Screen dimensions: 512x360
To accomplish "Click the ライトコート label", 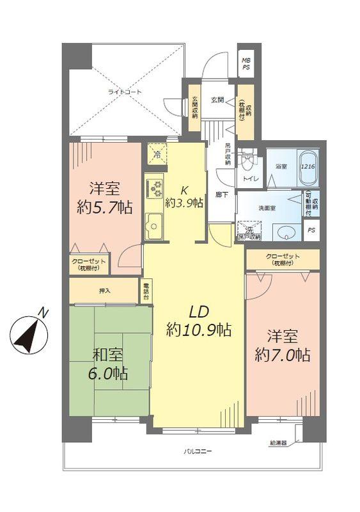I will pyautogui.click(x=125, y=92).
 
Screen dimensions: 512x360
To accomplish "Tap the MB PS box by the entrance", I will pyautogui.click(x=246, y=64).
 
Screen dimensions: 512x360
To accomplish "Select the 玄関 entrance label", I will pyautogui.click(x=217, y=100).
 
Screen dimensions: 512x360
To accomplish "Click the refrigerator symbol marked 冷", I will pyautogui.click(x=155, y=153).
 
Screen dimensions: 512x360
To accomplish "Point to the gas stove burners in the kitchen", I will pyautogui.click(x=155, y=187).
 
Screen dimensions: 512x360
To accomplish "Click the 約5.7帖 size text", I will pyautogui.click(x=106, y=208).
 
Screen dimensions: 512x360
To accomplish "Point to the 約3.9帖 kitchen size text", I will pyautogui.click(x=184, y=203).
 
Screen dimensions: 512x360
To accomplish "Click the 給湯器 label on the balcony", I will pyautogui.click(x=278, y=443).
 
